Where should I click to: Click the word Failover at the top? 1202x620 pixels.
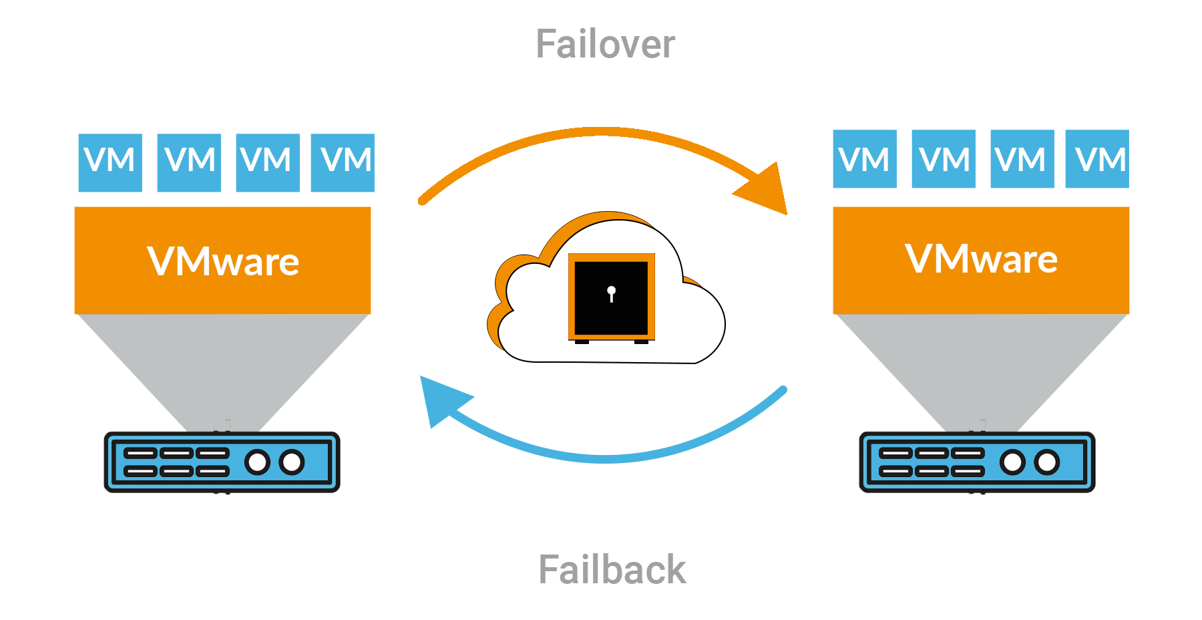tap(605, 45)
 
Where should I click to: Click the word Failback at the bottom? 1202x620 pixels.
tap(612, 570)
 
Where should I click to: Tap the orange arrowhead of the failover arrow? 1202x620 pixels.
tap(766, 190)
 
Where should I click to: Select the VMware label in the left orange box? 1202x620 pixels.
tap(223, 261)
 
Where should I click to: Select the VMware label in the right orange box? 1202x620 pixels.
tap(981, 259)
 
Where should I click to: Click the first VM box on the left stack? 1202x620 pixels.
tap(110, 162)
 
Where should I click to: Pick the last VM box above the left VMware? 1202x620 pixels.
tap(343, 162)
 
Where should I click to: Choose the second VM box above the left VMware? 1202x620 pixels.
tap(189, 162)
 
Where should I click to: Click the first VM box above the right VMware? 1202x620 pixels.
tap(865, 159)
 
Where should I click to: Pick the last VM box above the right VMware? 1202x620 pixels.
tap(1097, 159)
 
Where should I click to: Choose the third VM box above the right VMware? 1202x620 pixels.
tap(1022, 159)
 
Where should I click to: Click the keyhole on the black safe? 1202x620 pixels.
tap(611, 293)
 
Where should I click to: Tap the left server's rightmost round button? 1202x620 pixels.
tap(292, 462)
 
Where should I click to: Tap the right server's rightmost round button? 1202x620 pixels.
tap(1046, 462)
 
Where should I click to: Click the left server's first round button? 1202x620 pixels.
tap(257, 462)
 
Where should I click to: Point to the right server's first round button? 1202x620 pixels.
tap(1012, 462)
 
